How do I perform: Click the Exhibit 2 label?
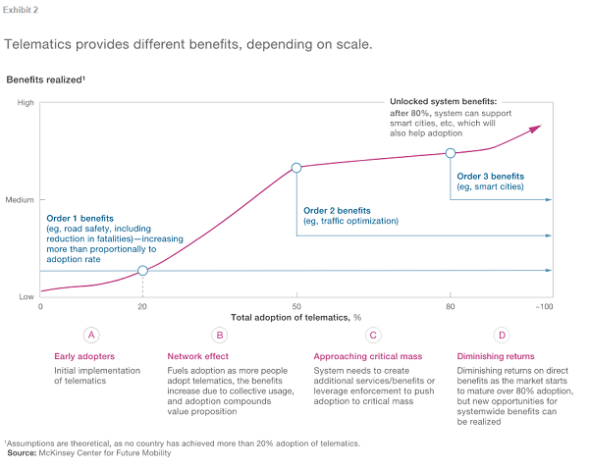coord(22,9)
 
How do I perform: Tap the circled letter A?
coord(91,335)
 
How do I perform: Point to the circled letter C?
coord(373,335)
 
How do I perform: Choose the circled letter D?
coord(502,335)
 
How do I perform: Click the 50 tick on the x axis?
coord(296,306)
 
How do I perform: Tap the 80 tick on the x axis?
coord(451,306)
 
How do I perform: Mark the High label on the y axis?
coord(25,102)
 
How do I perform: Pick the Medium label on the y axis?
coord(20,199)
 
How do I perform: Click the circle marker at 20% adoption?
coord(143,270)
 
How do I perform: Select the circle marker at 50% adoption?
coord(296,167)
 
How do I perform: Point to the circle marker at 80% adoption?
coord(451,152)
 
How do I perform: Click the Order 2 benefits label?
coord(337,210)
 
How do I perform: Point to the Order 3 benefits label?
coord(490,175)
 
